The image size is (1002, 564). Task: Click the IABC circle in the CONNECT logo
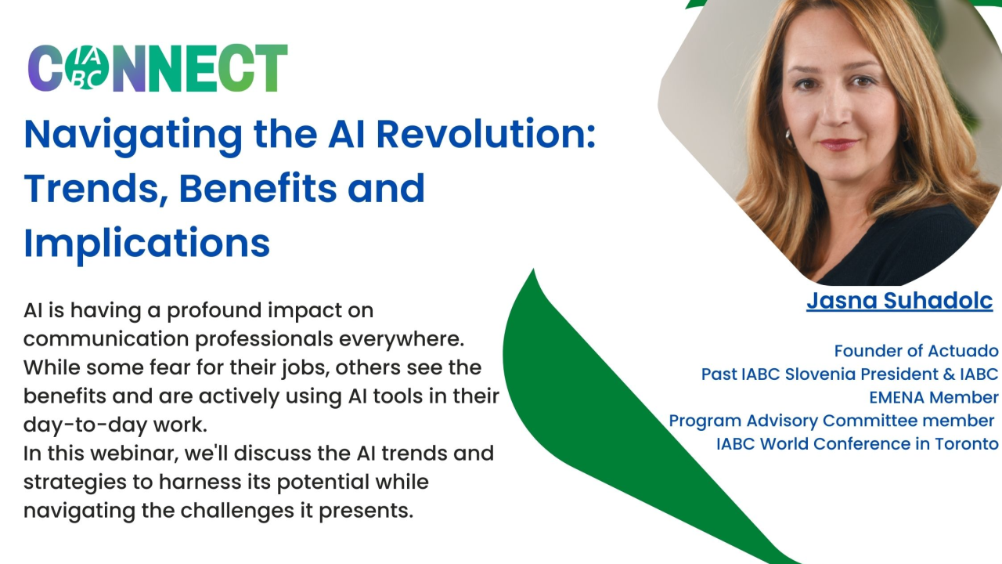[86, 68]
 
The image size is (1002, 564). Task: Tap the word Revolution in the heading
[486, 134]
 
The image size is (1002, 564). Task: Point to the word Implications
[146, 244]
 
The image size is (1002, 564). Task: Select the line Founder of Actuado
[916, 351]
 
